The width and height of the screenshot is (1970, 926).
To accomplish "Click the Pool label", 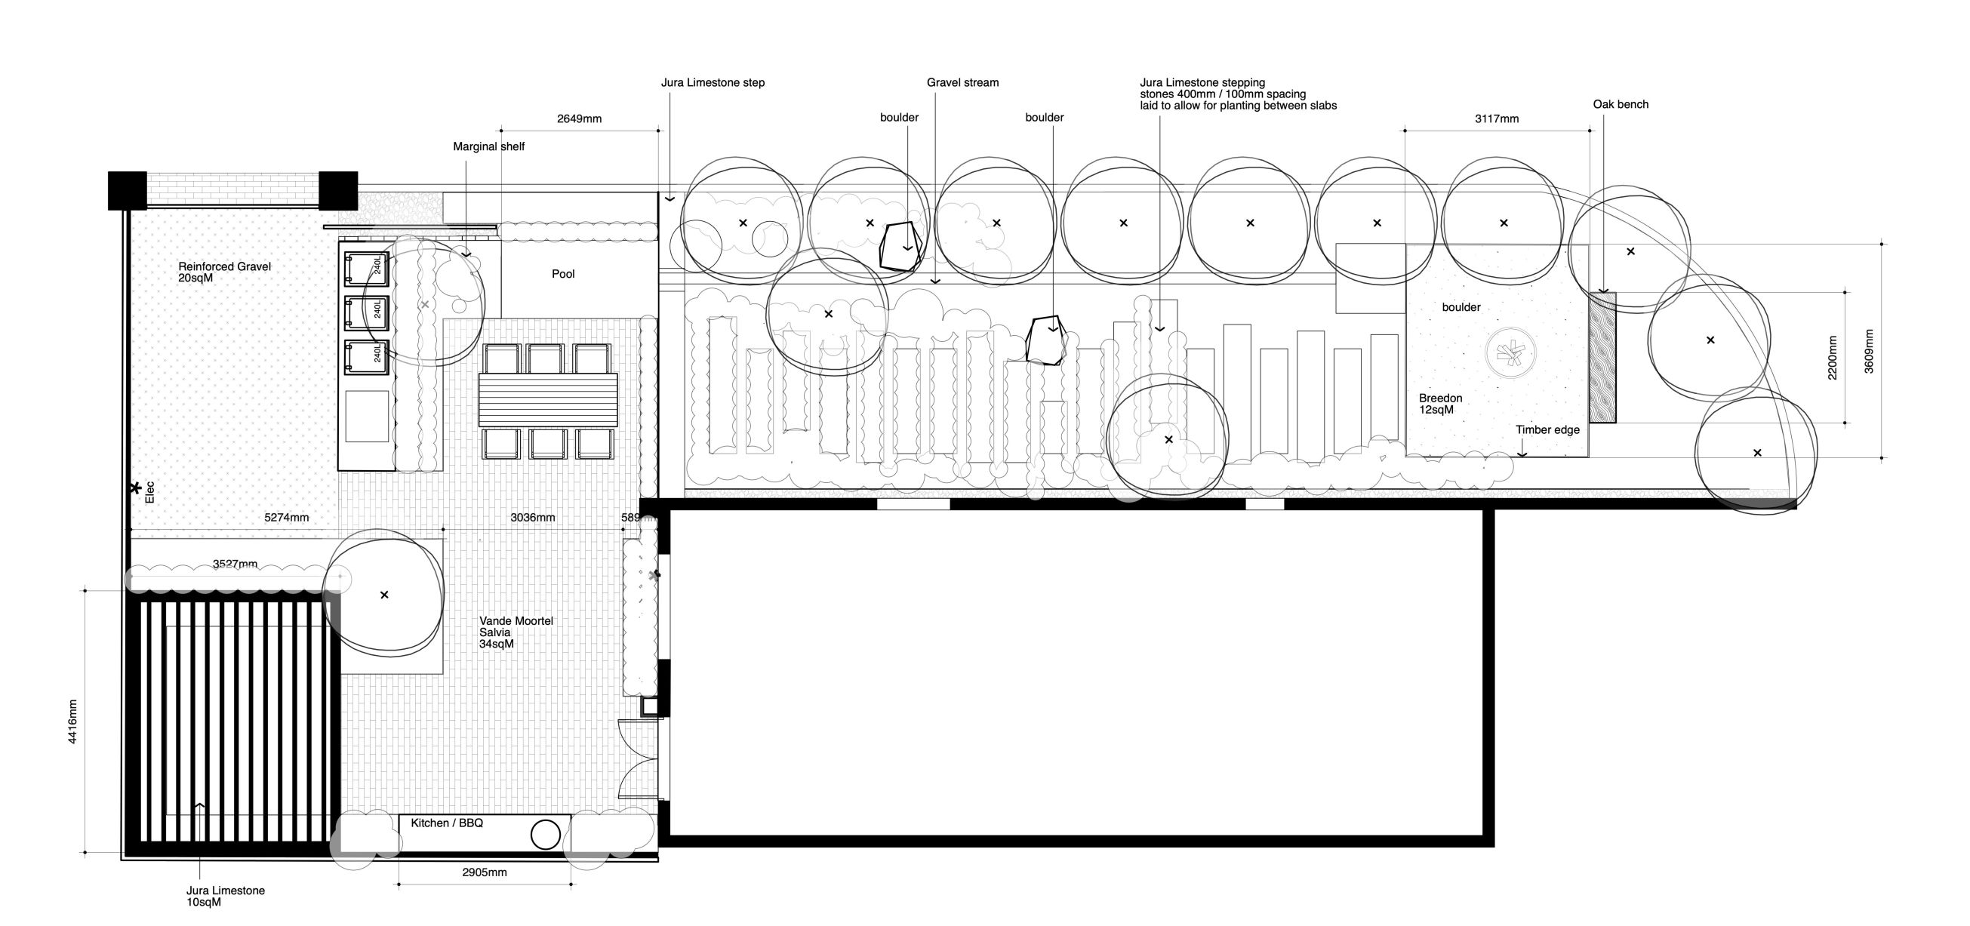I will [563, 274].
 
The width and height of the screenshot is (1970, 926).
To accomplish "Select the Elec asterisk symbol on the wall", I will [135, 488].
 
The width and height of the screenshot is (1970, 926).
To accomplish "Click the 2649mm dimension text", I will [579, 118].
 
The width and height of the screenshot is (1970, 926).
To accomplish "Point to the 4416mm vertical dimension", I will [72, 721].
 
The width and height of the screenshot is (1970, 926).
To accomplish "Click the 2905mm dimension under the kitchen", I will [484, 872].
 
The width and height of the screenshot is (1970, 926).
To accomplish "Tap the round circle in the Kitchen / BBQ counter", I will [545, 834].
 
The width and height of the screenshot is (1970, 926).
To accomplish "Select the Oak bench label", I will [1621, 104].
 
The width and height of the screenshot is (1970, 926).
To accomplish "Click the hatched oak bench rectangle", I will [1602, 357].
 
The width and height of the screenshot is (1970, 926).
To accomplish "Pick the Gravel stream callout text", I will [962, 82].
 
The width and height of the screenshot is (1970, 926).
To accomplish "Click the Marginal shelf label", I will [488, 146].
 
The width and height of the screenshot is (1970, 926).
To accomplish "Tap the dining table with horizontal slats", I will [547, 399].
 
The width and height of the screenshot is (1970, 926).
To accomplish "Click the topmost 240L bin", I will [366, 268].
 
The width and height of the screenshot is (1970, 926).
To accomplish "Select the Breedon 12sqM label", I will [1440, 404].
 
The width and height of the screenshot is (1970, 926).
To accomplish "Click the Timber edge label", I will [1547, 429].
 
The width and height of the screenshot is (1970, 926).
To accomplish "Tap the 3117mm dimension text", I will [1497, 118].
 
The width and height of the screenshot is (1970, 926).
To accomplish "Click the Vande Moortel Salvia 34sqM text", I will [516, 632].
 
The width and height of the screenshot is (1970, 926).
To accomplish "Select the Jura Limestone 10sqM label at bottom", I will [225, 896].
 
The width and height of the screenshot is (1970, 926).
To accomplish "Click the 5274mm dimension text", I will [287, 518].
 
